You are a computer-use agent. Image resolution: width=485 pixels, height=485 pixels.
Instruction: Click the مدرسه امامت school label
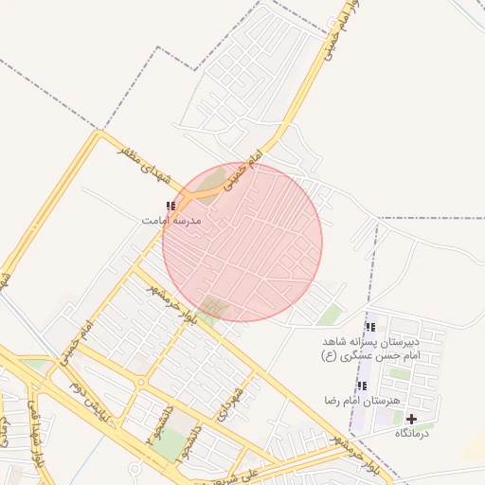(x=171, y=220)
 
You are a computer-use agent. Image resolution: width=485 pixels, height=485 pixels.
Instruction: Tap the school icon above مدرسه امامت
(x=171, y=207)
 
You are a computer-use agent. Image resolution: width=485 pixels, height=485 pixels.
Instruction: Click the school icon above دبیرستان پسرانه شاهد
(x=368, y=328)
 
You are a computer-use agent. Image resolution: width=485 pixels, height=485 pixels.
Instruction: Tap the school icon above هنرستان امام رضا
(x=361, y=386)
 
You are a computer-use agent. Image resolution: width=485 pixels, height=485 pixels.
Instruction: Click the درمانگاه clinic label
(x=410, y=433)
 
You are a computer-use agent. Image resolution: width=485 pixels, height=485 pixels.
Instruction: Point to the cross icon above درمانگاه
(x=410, y=419)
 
